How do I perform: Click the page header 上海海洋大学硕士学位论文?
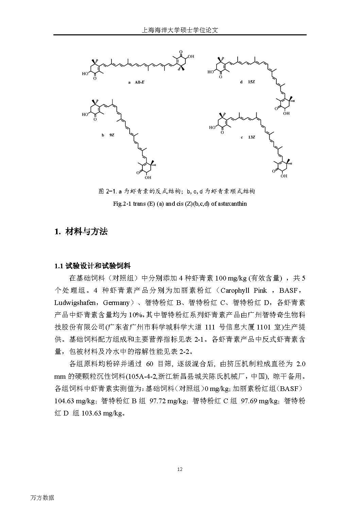(180, 30)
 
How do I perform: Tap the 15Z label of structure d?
(251, 82)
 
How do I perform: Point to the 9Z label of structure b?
(112, 135)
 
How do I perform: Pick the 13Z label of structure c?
(251, 137)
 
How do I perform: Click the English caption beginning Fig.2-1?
(180, 204)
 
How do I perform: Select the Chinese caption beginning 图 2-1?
(176, 191)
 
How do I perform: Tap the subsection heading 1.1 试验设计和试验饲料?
(92, 266)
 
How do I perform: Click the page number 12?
(180, 470)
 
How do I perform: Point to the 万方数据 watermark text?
(42, 498)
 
